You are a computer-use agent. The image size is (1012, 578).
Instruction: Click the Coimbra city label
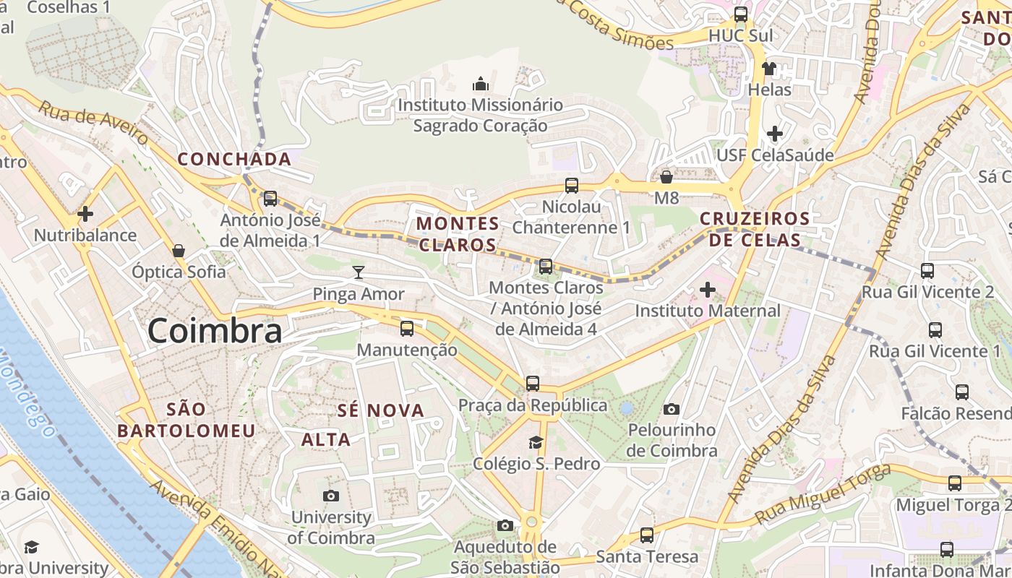pos(215,331)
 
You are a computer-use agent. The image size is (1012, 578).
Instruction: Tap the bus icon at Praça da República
pos(533,384)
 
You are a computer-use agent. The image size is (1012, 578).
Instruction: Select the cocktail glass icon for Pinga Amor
pos(358,272)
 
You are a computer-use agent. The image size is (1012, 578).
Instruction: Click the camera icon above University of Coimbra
pos(331,496)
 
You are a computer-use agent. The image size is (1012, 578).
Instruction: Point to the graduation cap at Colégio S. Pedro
pos(536,442)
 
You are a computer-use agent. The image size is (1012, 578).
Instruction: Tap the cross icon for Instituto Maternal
pos(707,290)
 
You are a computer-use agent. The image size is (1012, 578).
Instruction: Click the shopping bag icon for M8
pos(666,176)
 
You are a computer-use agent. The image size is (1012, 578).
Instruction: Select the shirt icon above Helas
pos(769,69)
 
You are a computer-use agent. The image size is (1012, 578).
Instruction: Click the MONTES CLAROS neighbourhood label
pos(458,233)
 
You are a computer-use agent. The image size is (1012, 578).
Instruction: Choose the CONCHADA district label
pos(234,159)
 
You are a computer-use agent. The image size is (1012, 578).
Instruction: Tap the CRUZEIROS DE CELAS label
pos(755,229)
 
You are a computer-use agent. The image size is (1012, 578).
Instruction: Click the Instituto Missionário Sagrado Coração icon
pos(481,84)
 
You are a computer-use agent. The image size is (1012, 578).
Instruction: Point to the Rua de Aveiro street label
pos(93,123)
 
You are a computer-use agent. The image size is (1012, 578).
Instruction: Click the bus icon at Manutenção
pos(407,329)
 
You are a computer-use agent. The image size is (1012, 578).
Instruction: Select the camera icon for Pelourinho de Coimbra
pos(672,409)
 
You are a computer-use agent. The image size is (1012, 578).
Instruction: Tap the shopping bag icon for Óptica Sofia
pos(179,251)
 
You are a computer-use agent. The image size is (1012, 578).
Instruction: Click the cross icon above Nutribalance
pos(85,214)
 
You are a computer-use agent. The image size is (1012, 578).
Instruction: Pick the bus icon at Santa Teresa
pos(647,535)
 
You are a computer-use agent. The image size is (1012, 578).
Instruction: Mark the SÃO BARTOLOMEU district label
pos(186,420)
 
